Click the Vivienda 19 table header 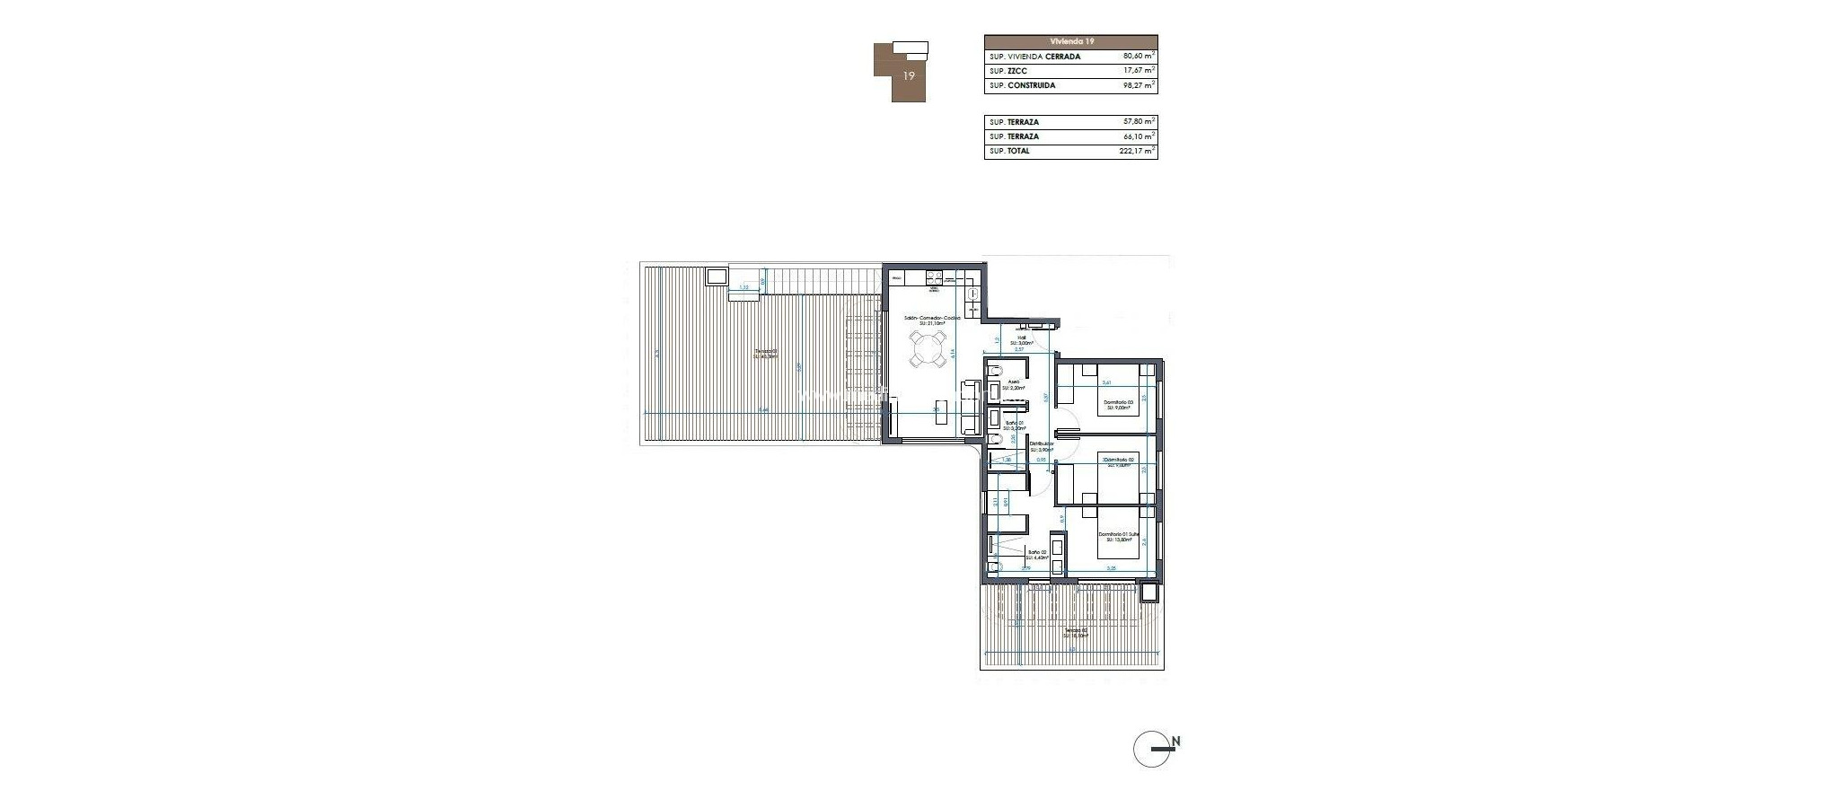(x=1070, y=41)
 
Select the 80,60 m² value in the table (x=1132, y=57)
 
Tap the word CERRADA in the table (x=1063, y=57)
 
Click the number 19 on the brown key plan (x=909, y=76)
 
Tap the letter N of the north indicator (x=1175, y=742)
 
